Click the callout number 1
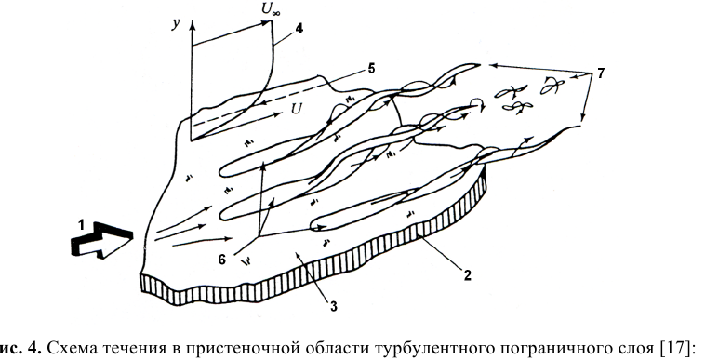pos(81,225)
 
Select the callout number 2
pos(468,275)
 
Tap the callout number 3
pos(333,306)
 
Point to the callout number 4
pos(299,28)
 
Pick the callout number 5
pos(371,69)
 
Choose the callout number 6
pos(222,260)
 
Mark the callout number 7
pos(601,73)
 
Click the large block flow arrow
pos(103,239)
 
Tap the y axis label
pos(177,24)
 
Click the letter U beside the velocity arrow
pos(297,108)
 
